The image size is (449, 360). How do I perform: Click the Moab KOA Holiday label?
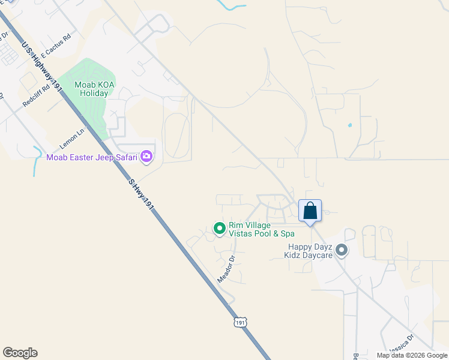tap(94, 89)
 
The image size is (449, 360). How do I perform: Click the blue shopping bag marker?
tap(310, 211)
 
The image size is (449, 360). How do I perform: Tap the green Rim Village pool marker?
tap(219, 229)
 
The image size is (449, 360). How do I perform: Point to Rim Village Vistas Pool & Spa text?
tap(262, 230)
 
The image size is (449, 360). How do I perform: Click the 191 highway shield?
tap(240, 322)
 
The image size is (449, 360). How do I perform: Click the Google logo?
tap(20, 353)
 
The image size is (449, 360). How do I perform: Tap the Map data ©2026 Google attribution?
tap(412, 355)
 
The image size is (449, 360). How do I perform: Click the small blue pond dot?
tap(349, 125)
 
